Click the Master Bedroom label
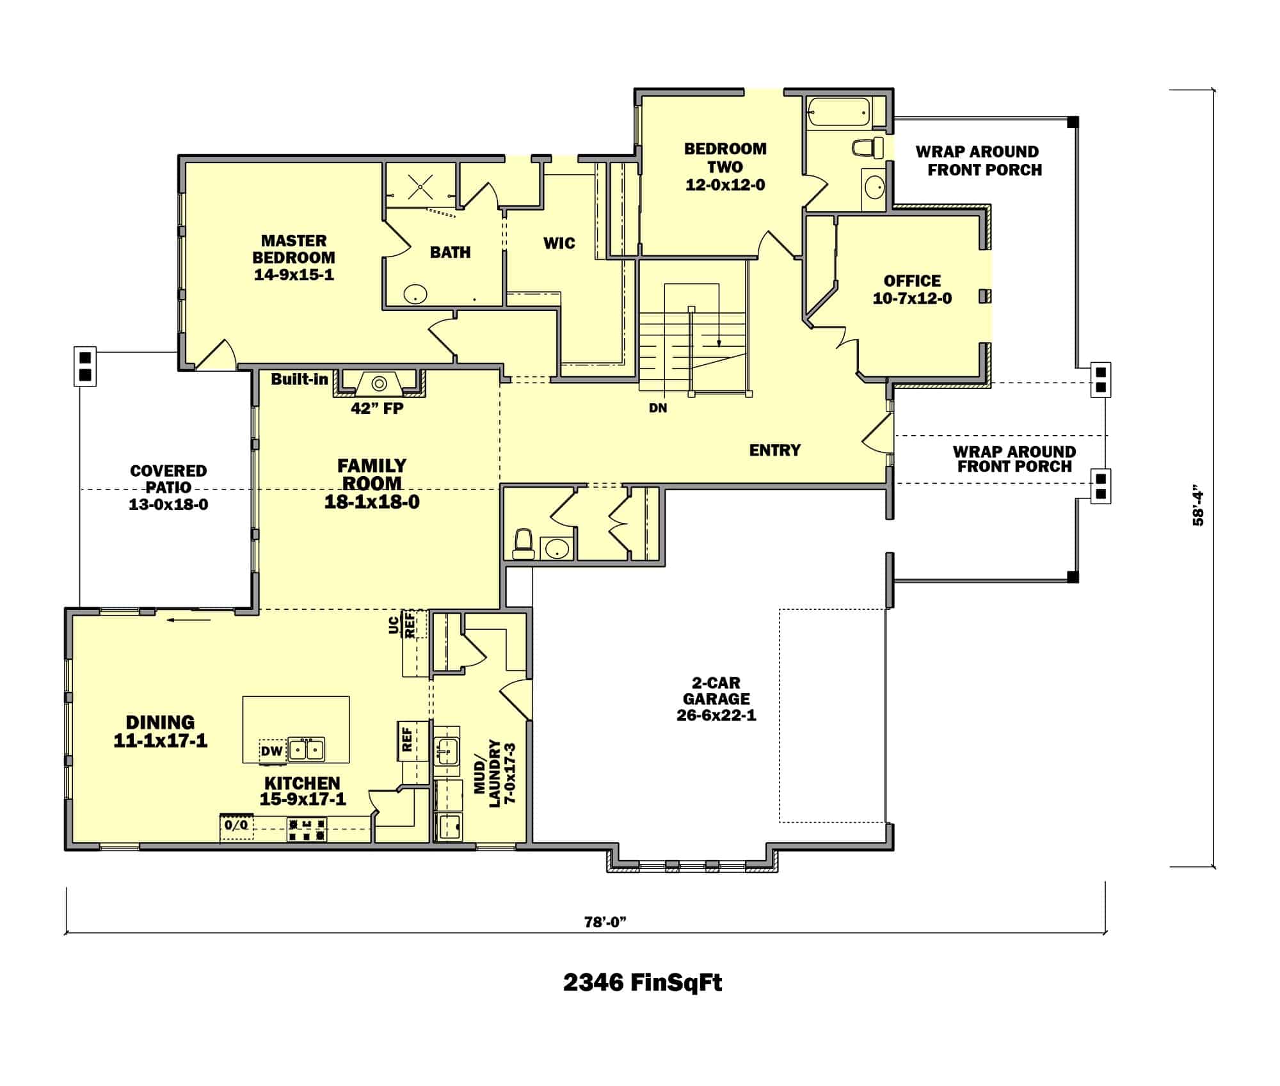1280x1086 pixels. [x=294, y=258]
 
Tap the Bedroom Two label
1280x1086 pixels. [x=725, y=166]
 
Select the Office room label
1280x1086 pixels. [x=912, y=290]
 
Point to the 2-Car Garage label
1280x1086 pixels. [x=716, y=699]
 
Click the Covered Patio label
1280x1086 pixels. [x=168, y=488]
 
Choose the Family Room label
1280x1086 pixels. [x=372, y=484]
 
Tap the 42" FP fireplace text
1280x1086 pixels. [x=377, y=408]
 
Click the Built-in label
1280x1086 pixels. [x=299, y=379]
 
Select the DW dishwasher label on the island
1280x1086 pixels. [x=271, y=751]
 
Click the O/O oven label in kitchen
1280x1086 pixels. [x=236, y=825]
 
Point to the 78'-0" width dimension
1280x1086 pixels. [x=604, y=922]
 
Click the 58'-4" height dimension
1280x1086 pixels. [x=1198, y=508]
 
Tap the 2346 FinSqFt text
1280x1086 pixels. [x=643, y=982]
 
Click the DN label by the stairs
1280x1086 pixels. [x=658, y=408]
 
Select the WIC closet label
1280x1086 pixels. [x=559, y=243]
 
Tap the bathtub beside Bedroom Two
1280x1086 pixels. [x=838, y=112]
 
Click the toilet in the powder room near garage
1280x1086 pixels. [x=524, y=543]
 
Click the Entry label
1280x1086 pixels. [x=774, y=451]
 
